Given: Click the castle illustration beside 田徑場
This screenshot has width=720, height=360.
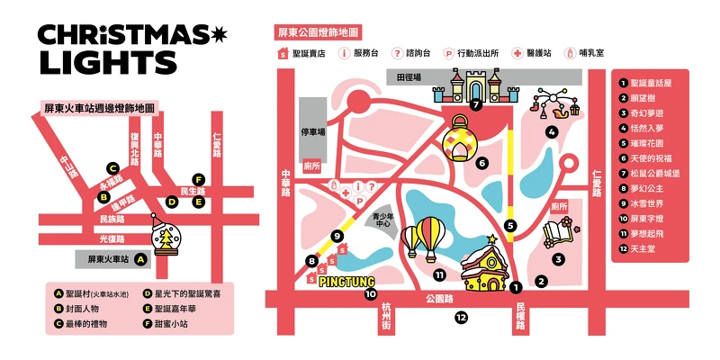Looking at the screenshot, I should pos(474,89).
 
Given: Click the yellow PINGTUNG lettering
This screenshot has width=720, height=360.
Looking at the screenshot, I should pos(346,280).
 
